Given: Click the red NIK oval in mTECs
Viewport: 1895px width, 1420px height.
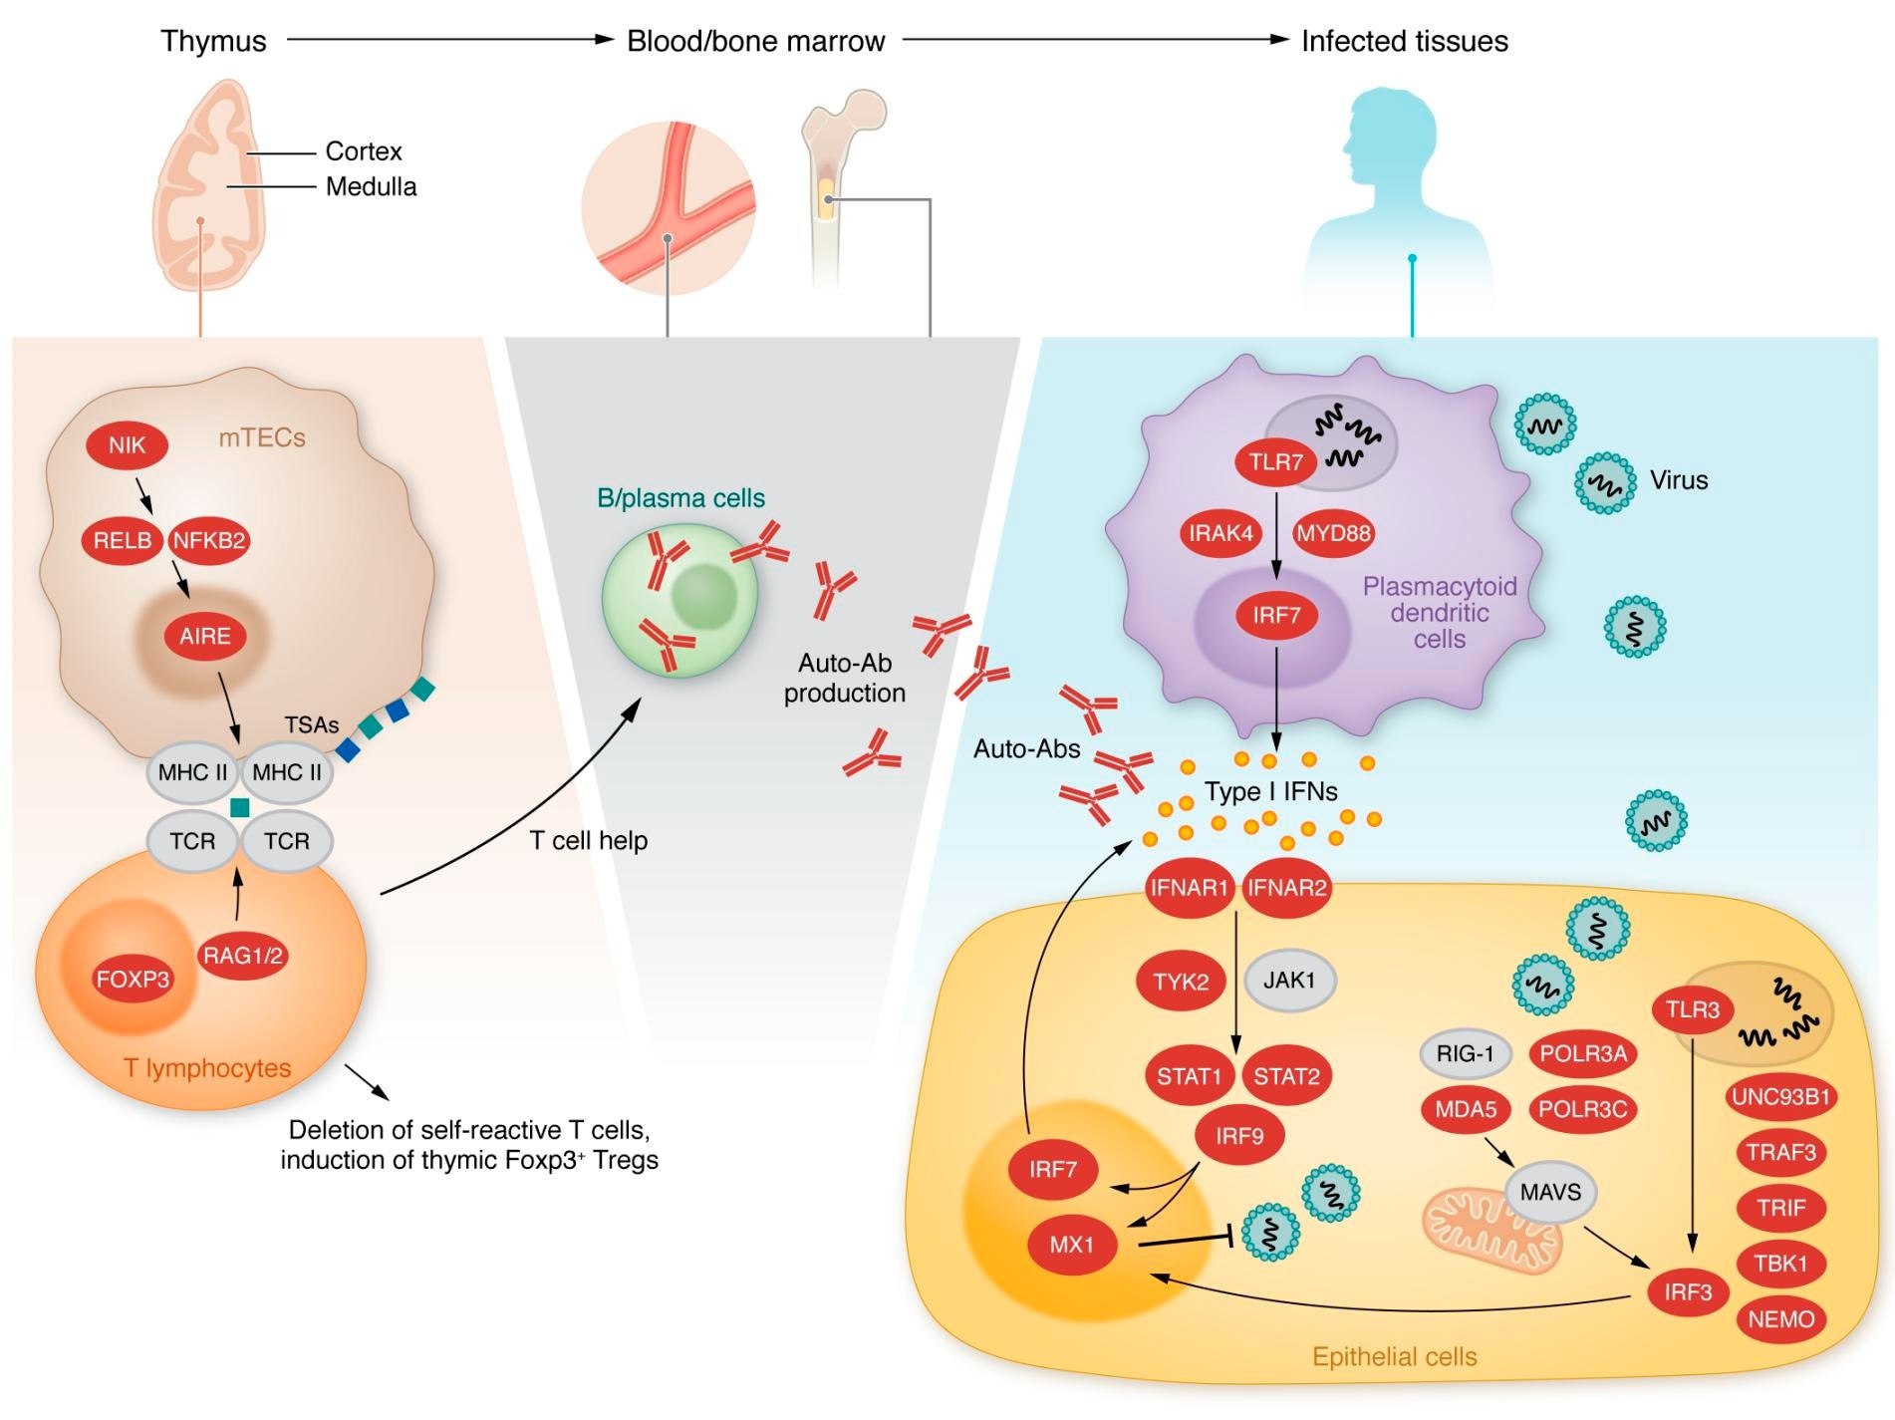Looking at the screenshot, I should click(x=127, y=444).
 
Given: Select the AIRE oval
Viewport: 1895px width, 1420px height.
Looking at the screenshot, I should click(x=204, y=636).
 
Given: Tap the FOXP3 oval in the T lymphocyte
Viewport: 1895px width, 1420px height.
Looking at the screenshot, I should click(x=133, y=979).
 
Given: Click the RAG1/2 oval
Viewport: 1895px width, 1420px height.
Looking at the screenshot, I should click(x=243, y=956).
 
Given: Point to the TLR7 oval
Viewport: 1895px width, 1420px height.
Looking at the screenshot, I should click(x=1276, y=461).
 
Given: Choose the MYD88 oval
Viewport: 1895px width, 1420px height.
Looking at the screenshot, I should click(x=1333, y=533).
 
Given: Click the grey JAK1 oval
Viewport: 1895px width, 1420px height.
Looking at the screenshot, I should click(x=1289, y=980).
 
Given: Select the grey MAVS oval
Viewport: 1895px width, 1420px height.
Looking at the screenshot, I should click(x=1550, y=1191).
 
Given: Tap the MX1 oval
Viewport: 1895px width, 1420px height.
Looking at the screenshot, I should click(x=1071, y=1244).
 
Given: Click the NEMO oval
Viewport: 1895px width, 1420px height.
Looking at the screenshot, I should click(x=1780, y=1318).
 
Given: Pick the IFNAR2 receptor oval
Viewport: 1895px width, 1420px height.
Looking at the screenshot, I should click(x=1286, y=887).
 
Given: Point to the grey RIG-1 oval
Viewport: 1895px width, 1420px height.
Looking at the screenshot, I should click(x=1465, y=1053).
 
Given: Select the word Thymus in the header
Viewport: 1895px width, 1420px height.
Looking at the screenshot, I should click(x=213, y=41).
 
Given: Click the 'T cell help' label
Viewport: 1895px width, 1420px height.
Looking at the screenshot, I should click(x=588, y=840).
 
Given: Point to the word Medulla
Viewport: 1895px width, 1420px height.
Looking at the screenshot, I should click(x=371, y=186).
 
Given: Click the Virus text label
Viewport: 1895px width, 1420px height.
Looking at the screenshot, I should click(x=1678, y=480).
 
